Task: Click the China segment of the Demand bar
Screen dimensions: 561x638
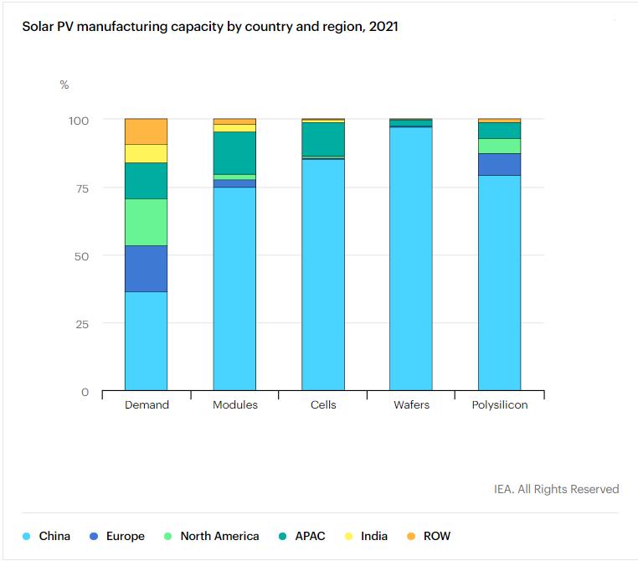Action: click(x=146, y=341)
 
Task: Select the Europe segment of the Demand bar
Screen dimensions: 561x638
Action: click(x=146, y=269)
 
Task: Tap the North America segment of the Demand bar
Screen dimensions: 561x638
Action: click(x=146, y=222)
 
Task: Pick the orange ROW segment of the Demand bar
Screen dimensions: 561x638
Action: click(x=146, y=131)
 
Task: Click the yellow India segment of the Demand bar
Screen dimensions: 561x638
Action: click(x=146, y=153)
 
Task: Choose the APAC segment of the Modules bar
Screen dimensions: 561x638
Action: click(x=234, y=152)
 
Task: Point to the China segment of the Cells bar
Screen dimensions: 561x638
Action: click(x=323, y=275)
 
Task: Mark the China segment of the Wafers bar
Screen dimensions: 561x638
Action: click(x=411, y=259)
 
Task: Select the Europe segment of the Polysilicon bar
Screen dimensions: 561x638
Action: click(x=499, y=164)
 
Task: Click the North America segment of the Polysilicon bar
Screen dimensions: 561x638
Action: click(x=499, y=146)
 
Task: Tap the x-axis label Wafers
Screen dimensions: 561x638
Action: click(x=411, y=405)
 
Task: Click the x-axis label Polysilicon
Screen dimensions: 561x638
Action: click(x=499, y=405)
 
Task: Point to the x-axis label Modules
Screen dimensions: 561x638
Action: click(x=235, y=405)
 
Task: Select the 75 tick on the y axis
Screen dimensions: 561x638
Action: click(x=80, y=188)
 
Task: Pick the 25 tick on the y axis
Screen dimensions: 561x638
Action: click(x=80, y=324)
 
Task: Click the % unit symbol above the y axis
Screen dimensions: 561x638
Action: click(x=64, y=85)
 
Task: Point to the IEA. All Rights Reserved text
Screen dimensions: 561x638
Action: click(x=556, y=489)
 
